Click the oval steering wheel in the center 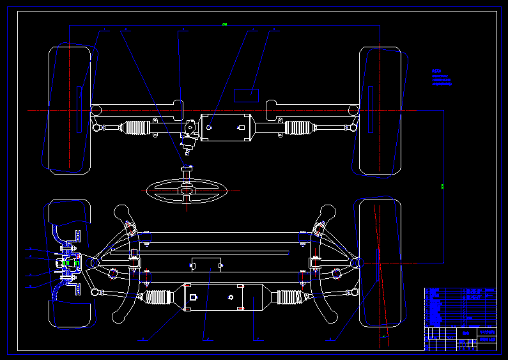pos(187,190)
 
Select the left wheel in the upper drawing pos(70,109)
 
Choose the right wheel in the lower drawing pos(381,262)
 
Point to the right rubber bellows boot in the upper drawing pos(300,128)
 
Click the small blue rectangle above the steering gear pos(246,95)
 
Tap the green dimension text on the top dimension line pos(225,24)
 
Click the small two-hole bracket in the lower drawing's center pos(206,264)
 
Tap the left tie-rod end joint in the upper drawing pos(96,127)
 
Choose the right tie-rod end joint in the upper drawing pos(353,127)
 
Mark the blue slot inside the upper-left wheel pos(79,109)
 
